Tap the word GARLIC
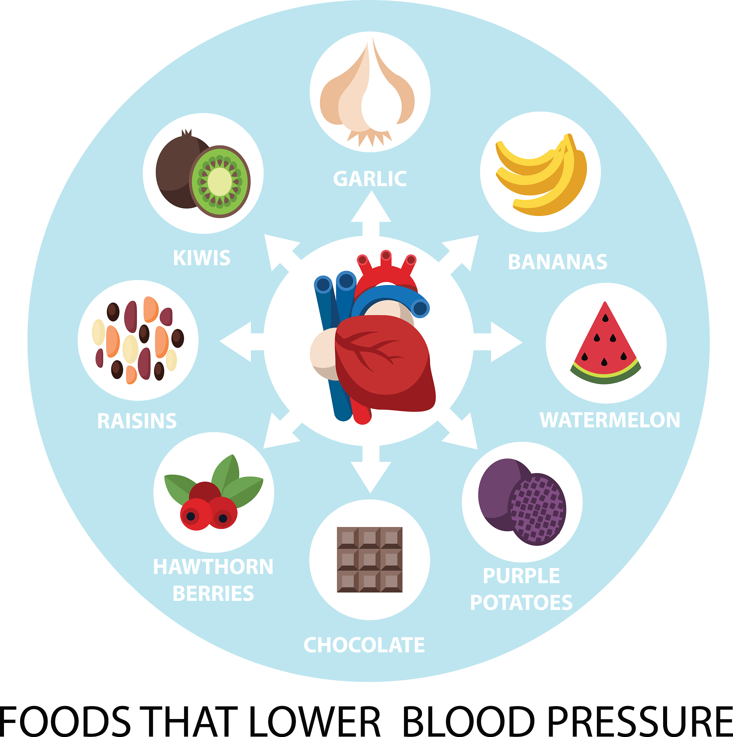370,179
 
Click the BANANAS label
557,262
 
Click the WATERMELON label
610,420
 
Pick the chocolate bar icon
370,560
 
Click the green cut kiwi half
220,182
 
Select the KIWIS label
202,258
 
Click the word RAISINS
137,421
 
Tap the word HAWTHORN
213,567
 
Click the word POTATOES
521,603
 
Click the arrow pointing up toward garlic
371,214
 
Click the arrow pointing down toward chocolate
371,469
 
